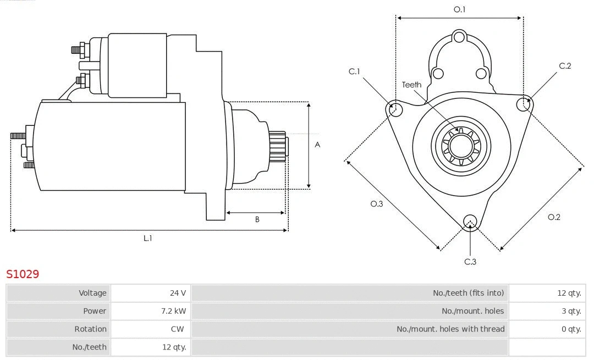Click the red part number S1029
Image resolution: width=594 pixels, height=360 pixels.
point(23,274)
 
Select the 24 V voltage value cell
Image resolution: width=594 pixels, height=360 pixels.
point(177,293)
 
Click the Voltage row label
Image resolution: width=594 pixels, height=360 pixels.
point(92,293)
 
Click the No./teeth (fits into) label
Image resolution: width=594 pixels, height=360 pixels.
point(468,293)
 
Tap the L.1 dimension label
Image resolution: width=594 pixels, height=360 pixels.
point(148,238)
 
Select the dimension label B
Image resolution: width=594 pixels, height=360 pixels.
point(257,220)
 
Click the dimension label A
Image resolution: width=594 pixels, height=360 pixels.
point(317,145)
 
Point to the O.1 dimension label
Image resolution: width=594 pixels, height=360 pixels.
point(459,9)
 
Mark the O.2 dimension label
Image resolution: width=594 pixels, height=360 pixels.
point(554,217)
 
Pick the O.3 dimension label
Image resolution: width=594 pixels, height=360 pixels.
point(376,204)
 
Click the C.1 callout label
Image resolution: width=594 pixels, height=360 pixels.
point(354,71)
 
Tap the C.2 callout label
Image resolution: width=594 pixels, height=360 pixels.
point(565,66)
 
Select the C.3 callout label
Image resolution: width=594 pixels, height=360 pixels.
point(470,262)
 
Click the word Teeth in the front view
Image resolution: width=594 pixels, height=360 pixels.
point(411,85)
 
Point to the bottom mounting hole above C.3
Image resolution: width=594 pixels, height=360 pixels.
point(470,221)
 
